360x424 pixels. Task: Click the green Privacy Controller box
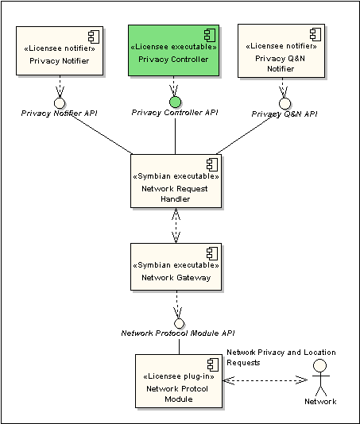(173, 51)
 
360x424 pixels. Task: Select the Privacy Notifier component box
(60, 51)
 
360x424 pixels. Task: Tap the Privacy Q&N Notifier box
(281, 51)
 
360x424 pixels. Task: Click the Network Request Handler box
(176, 181)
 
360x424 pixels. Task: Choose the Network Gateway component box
(176, 267)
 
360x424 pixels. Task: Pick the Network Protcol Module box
(179, 381)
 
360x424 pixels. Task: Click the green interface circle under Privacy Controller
(175, 102)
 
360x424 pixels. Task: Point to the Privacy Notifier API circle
(60, 103)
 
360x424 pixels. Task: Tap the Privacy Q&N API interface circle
(285, 103)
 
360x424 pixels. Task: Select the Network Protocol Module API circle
(179, 323)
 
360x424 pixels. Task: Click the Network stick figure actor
(320, 377)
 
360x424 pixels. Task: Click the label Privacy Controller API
(175, 113)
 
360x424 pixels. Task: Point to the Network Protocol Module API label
(178, 333)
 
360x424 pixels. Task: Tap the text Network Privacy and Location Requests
(281, 357)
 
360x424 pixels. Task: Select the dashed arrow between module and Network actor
(265, 380)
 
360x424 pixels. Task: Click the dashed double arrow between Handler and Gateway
(176, 225)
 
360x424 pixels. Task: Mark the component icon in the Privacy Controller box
(210, 35)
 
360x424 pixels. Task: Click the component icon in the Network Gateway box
(212, 253)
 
